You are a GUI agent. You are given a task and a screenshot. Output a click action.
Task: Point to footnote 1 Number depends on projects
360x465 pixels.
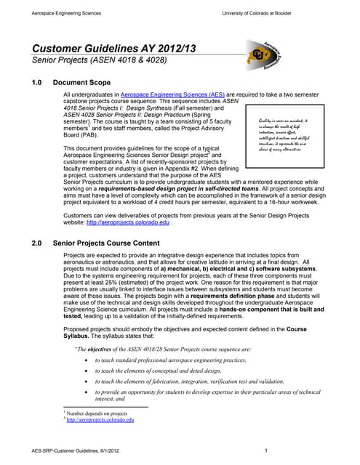point(96,413)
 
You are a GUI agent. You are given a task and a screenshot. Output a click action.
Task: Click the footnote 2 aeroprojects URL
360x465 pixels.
point(100,420)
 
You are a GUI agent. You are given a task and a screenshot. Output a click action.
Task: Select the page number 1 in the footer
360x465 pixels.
point(268,451)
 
